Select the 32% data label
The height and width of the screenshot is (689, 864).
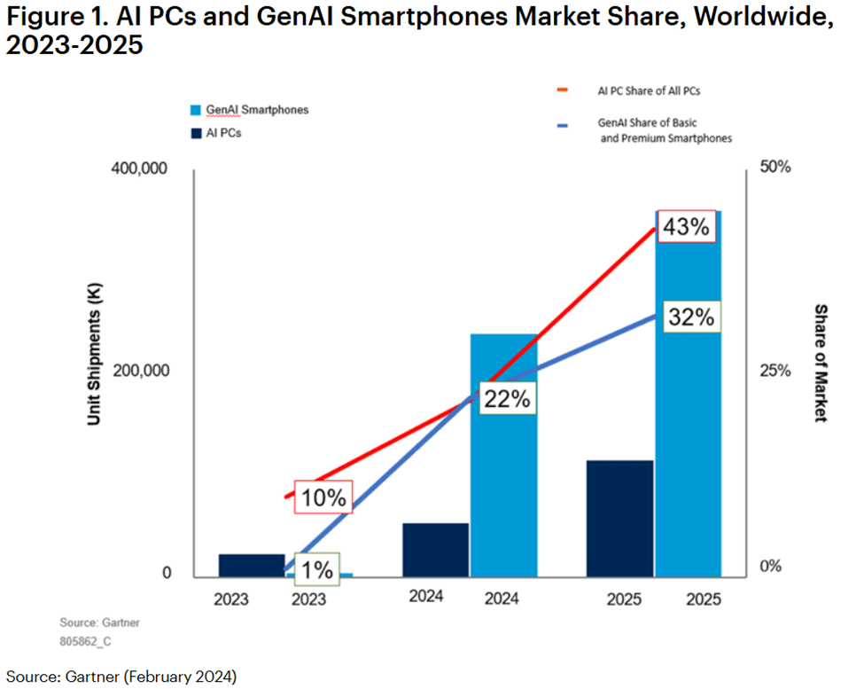pos(691,317)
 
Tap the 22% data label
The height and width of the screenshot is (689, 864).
pos(508,399)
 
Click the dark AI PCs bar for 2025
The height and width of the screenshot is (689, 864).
pos(619,519)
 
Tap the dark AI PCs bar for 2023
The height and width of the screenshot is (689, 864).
pos(252,566)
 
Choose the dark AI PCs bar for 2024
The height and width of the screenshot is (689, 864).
pos(435,550)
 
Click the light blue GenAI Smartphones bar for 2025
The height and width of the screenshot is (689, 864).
pos(688,426)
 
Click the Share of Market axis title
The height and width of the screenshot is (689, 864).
pos(821,364)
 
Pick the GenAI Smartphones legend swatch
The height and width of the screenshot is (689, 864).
pos(197,110)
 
